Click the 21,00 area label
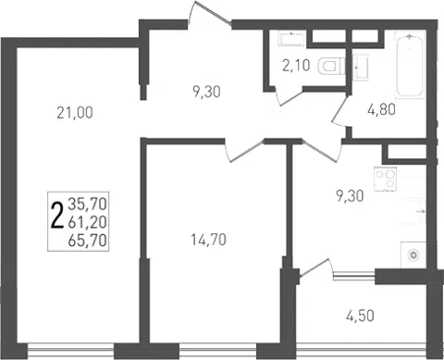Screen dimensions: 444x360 pos(75,113)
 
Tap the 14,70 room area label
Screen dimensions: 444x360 pos(209,240)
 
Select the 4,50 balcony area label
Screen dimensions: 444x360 pos(360,316)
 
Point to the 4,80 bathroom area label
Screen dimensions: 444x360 pos(381,109)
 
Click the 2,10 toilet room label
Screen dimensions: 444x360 pos(296,66)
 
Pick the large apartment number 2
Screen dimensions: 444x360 pos(57,216)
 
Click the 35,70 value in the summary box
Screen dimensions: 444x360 pos(88,204)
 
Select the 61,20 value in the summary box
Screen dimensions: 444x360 pos(88,222)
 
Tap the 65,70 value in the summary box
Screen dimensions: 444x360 pos(88,240)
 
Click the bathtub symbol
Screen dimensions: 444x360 pos(409,65)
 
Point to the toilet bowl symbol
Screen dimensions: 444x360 pos(332,67)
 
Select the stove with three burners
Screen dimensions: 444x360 pos(385,179)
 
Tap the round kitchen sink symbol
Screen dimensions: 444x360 pos(413,255)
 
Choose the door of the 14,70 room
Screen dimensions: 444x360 pos(244,151)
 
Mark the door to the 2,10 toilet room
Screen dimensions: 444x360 pos(289,96)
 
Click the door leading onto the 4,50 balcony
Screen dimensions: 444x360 pos(316,267)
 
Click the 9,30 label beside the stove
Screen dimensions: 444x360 pos(350,195)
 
